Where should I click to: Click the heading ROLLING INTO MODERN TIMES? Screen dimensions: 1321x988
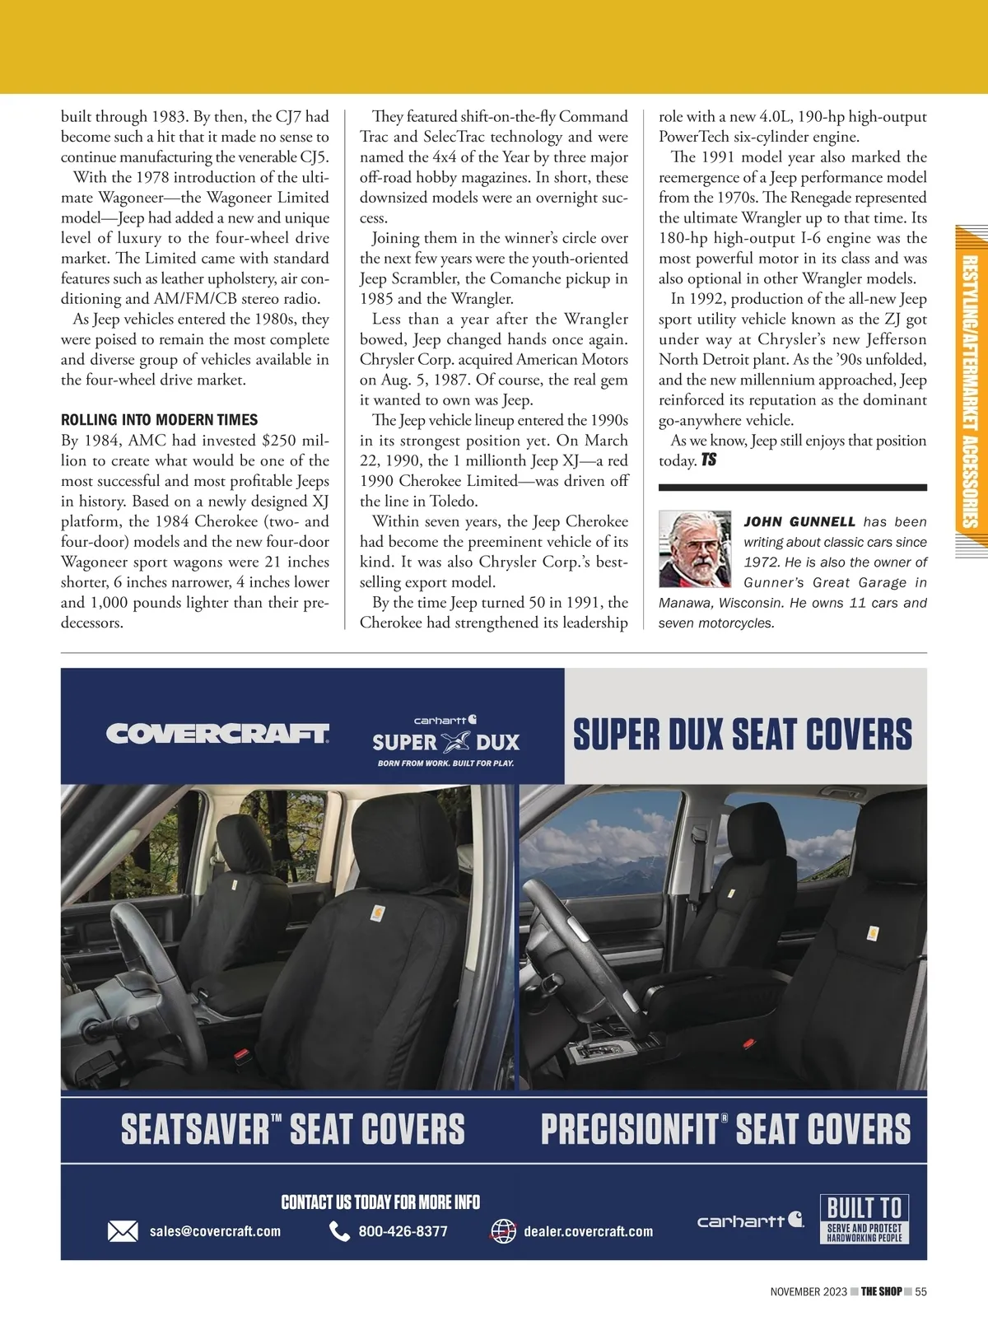point(159,420)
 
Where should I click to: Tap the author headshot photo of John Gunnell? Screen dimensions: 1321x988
point(695,548)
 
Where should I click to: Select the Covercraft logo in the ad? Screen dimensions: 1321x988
point(217,734)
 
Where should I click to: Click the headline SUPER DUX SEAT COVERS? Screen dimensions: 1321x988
point(743,735)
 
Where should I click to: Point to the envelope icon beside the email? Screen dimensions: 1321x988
point(123,1231)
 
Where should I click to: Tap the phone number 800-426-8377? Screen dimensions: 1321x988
point(403,1231)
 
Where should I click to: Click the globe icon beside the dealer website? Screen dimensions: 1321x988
point(503,1231)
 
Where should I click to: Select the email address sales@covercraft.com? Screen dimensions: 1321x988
point(215,1231)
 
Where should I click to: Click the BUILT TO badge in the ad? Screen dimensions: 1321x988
point(864,1219)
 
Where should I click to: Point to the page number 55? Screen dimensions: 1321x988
point(920,1291)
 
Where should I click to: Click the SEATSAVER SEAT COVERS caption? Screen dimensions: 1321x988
point(292,1129)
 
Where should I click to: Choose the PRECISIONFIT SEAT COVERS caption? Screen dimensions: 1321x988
point(725,1129)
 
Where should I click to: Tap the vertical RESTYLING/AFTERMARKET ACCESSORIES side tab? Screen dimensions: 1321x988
point(971,391)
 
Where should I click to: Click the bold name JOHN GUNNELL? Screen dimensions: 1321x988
point(799,522)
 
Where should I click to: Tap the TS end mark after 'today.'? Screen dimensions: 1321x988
point(709,460)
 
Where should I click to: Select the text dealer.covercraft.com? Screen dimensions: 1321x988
point(588,1231)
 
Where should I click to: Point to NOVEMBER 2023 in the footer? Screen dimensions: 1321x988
point(808,1291)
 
